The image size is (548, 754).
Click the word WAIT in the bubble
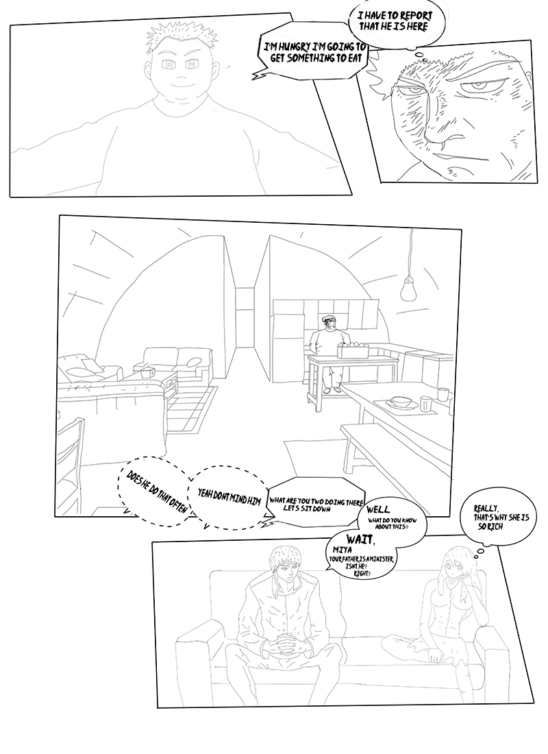tap(360, 540)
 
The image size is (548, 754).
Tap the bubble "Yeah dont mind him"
tap(229, 498)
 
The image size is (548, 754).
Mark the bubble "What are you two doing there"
tap(316, 504)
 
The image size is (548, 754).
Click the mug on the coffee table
tap(148, 372)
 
